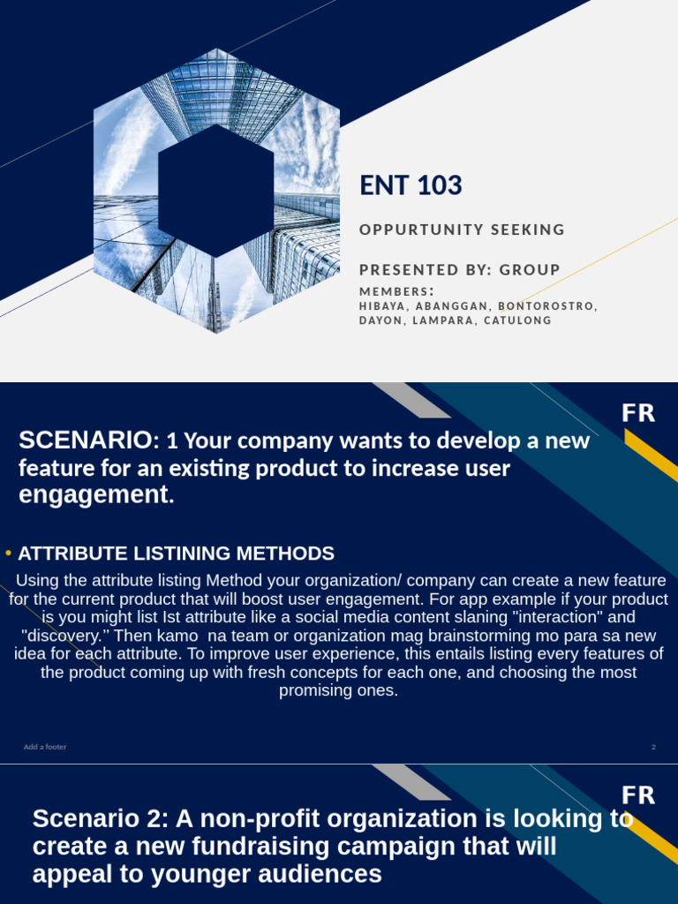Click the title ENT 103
[x=411, y=186]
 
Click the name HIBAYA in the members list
[x=382, y=306]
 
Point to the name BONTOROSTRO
[x=547, y=306]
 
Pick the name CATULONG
[x=522, y=320]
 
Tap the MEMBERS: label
[x=396, y=292]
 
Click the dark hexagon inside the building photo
[x=215, y=191]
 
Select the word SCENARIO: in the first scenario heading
[x=87, y=441]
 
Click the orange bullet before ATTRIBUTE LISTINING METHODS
[x=8, y=554]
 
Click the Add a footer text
[x=45, y=747]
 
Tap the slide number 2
[x=653, y=747]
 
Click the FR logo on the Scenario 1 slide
[x=638, y=413]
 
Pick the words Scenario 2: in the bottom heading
[x=102, y=819]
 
